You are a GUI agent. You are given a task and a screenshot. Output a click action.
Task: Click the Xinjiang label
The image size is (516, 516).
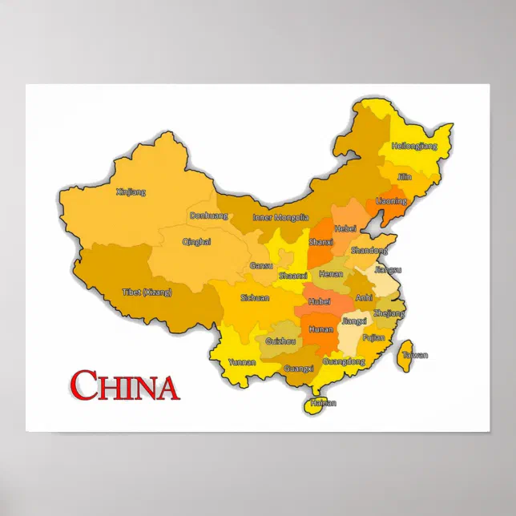tap(131, 191)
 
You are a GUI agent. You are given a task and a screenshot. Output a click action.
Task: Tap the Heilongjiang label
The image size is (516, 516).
tap(413, 147)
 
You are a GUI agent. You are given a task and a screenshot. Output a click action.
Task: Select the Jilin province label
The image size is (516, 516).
tap(405, 176)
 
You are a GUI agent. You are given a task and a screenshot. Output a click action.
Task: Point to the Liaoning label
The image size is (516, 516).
tap(391, 200)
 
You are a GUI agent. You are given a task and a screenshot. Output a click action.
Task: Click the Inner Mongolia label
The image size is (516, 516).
tap(280, 217)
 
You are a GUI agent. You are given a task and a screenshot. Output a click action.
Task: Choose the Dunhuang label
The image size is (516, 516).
tap(208, 215)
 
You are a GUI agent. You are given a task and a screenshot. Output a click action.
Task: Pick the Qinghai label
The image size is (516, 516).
tap(196, 241)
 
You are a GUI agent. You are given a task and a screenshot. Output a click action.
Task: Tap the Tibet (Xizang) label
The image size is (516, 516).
tap(147, 292)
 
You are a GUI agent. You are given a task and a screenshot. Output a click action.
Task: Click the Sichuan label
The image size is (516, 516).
tap(255, 297)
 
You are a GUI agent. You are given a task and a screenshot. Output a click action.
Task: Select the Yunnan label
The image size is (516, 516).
tap(242, 362)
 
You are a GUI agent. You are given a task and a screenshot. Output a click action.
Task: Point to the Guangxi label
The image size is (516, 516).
tap(299, 369)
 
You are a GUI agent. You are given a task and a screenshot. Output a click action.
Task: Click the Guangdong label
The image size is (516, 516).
tap(344, 361)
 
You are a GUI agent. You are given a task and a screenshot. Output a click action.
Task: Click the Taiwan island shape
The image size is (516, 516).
tap(406, 348)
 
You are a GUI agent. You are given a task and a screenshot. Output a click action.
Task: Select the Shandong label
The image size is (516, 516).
tap(369, 251)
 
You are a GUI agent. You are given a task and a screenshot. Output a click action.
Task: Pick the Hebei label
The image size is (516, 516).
tap(345, 228)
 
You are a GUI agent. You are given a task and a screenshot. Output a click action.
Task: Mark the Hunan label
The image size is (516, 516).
tap(320, 329)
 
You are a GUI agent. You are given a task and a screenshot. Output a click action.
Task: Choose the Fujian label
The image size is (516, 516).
tap(373, 338)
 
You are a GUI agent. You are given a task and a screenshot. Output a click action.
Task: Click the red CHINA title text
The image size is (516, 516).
tap(124, 385)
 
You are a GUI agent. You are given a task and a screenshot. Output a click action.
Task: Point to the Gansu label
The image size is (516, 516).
tap(261, 265)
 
